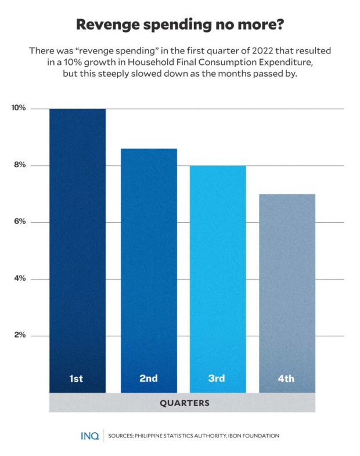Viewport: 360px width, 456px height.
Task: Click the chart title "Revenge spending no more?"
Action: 180,26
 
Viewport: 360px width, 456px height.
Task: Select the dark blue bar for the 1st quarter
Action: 77,244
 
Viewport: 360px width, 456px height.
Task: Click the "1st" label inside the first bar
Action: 76,379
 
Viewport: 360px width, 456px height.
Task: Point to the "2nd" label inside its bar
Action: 149,379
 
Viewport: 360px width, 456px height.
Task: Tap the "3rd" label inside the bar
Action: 217,379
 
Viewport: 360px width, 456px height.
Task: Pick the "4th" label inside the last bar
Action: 286,379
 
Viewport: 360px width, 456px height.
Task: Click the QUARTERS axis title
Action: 182,403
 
